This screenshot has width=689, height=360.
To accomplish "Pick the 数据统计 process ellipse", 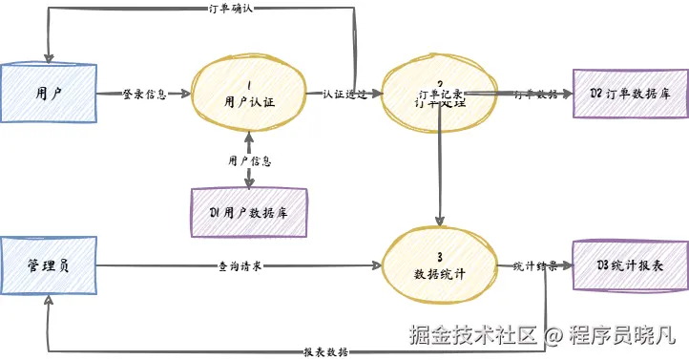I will pos(440,265).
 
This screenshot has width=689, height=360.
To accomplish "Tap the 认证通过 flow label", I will pos(344,94).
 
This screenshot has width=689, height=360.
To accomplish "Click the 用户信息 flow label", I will pos(249,159).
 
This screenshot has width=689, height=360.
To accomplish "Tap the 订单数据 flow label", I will pos(534,94).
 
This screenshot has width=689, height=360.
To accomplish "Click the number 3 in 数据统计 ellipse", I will pos(439,256).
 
